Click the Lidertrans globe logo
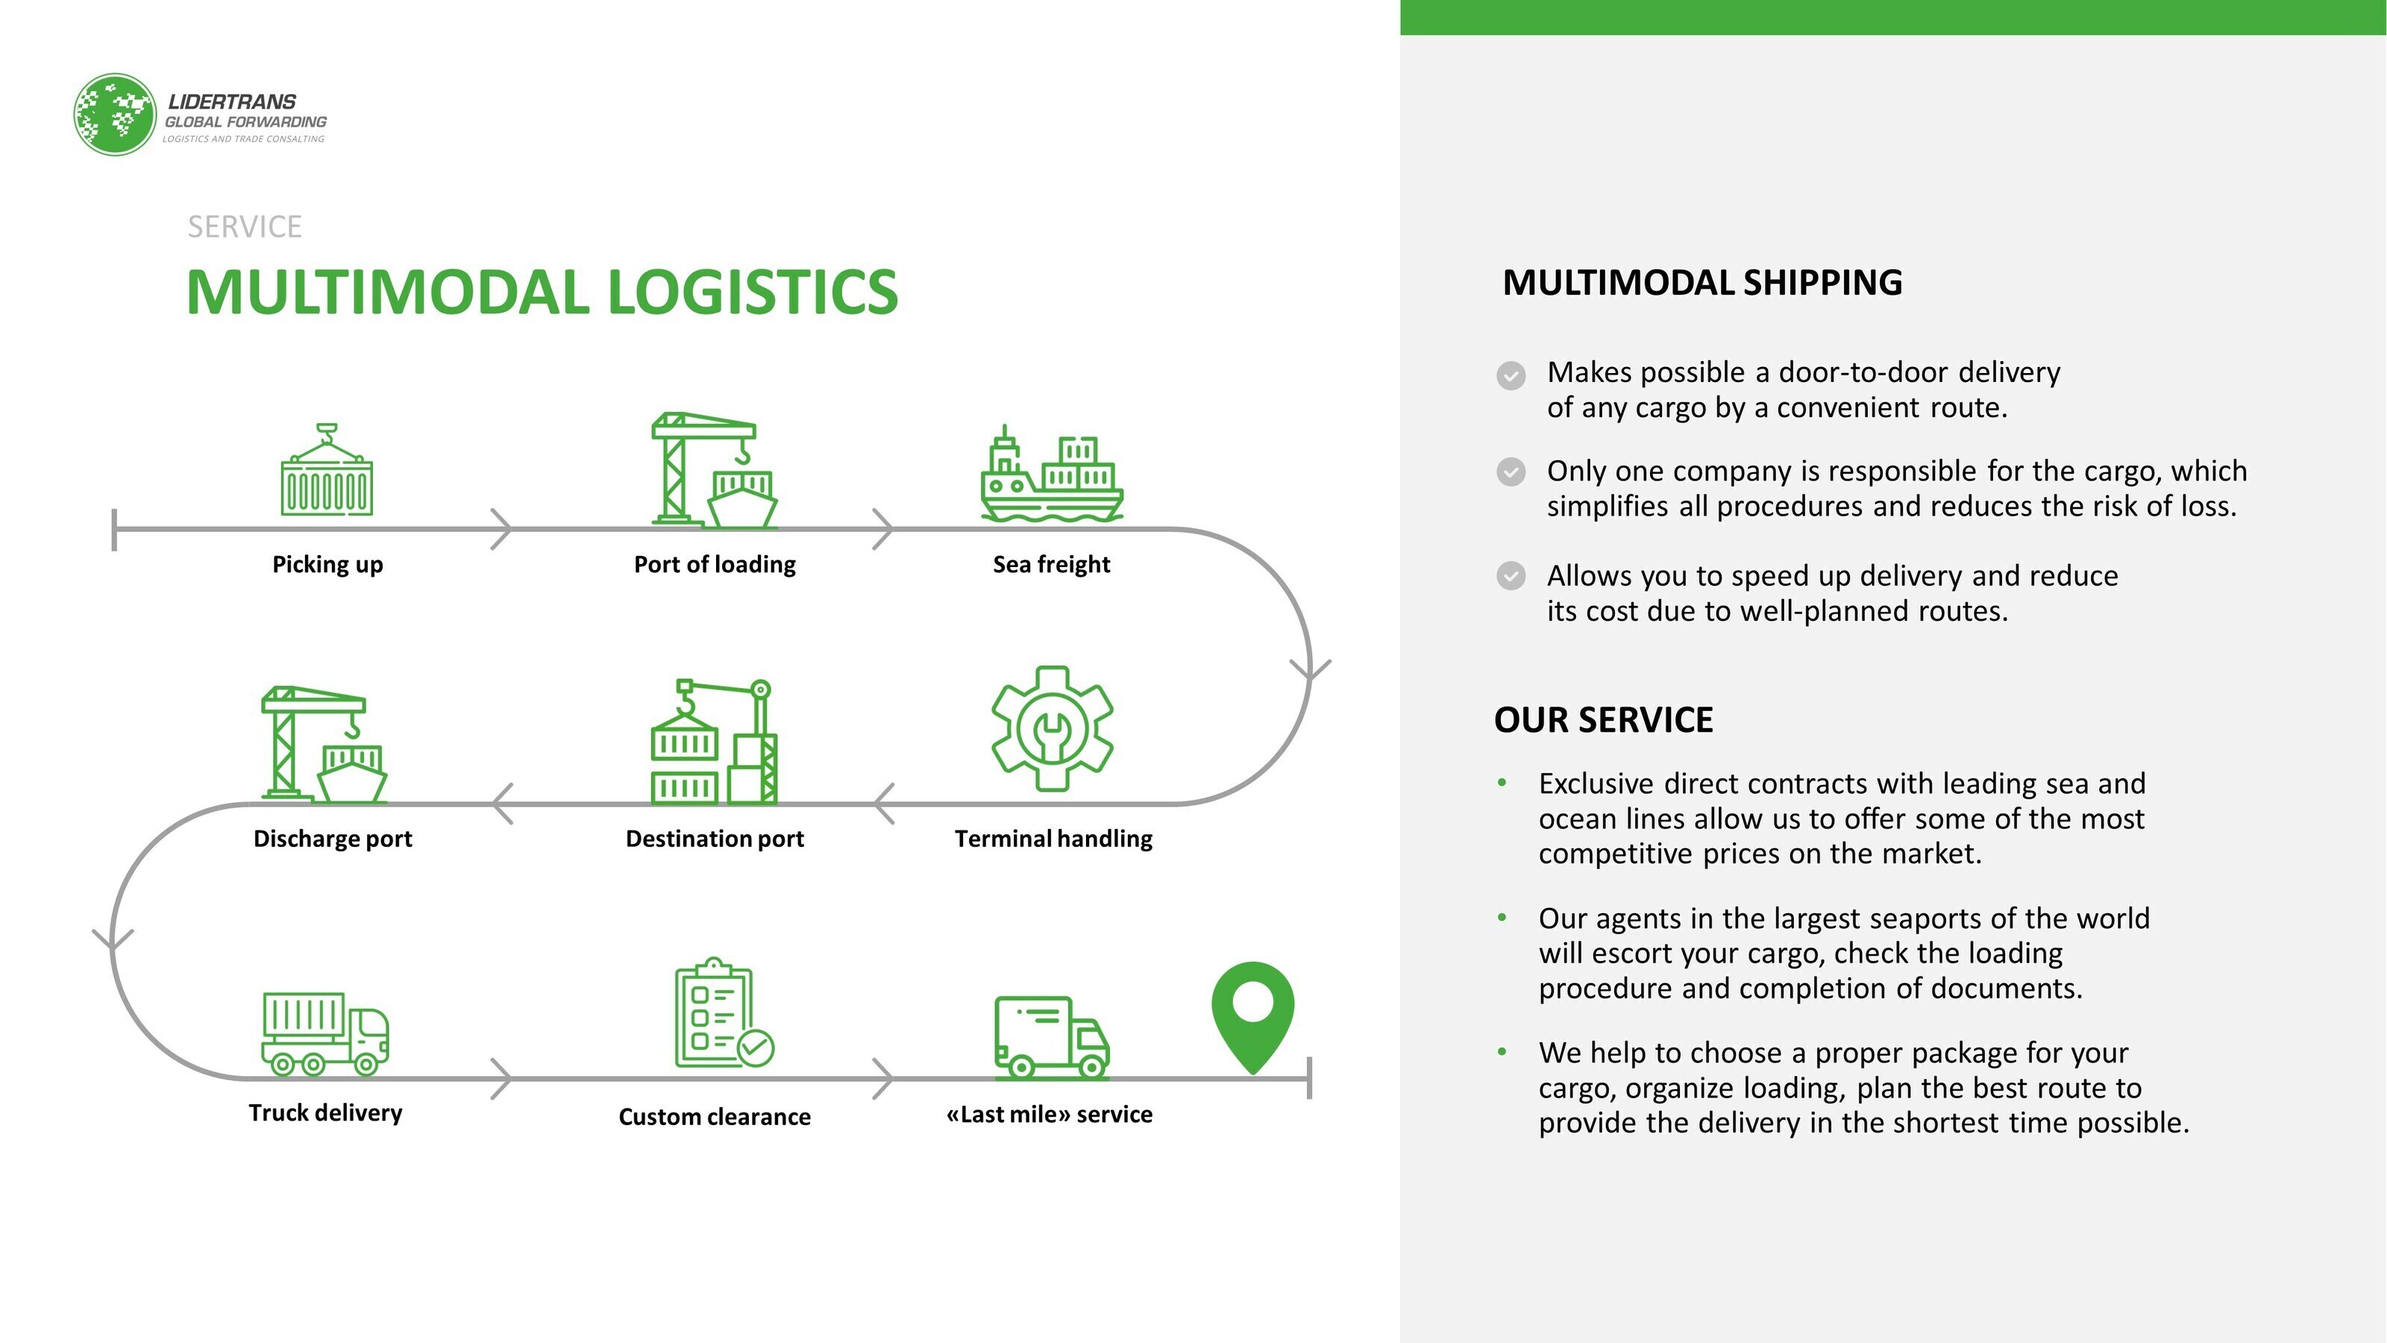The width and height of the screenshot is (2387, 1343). pyautogui.click(x=114, y=115)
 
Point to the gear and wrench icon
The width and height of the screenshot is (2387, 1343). pyautogui.click(x=1052, y=728)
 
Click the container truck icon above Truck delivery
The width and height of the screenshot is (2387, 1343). pyautogui.click(x=324, y=1033)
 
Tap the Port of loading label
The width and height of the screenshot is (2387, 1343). pyautogui.click(x=715, y=565)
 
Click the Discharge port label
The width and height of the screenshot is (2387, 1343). pyautogui.click(x=333, y=839)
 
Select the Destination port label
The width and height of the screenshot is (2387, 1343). pyautogui.click(x=715, y=839)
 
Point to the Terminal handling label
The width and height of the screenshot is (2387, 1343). pyautogui.click(x=1053, y=839)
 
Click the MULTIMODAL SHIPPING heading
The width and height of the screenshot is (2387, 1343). pyautogui.click(x=1702, y=283)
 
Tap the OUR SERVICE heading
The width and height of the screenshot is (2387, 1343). pyautogui.click(x=1603, y=720)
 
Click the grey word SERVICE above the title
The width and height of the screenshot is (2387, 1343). pyautogui.click(x=245, y=227)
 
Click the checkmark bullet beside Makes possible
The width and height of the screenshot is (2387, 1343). pyautogui.click(x=1511, y=375)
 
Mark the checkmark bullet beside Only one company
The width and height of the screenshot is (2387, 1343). pyautogui.click(x=1511, y=472)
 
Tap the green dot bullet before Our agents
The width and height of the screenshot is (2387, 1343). pyautogui.click(x=1502, y=918)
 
